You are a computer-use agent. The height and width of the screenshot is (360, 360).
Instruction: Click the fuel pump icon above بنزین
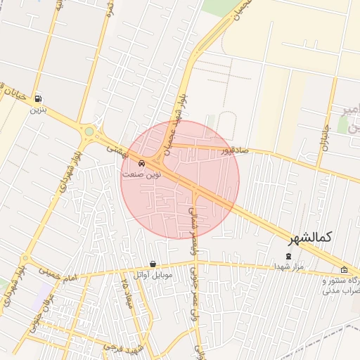point(37,99)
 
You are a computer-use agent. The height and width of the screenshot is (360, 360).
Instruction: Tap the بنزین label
point(37,110)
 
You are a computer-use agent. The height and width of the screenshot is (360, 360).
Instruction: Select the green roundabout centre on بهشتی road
point(89,131)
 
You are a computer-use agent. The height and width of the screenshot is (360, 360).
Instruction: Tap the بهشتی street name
point(115,150)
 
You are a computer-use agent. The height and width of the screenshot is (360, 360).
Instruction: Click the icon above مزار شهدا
point(288,257)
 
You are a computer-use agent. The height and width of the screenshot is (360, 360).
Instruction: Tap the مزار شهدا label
point(288,267)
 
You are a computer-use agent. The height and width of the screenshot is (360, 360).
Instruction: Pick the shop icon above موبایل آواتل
point(153,264)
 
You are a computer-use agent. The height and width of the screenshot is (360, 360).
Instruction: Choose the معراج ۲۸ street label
point(127,294)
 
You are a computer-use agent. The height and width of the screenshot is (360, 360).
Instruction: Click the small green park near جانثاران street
point(343,125)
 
